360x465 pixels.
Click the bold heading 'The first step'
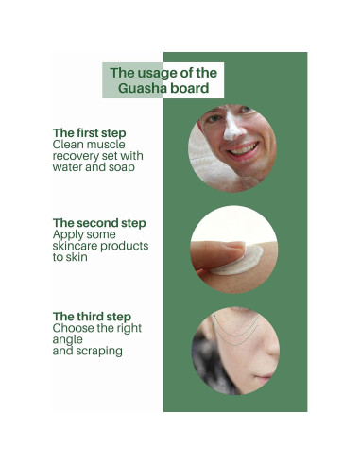pos(89,132)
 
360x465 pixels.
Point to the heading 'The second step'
pos(99,223)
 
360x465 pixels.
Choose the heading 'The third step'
pos(92,316)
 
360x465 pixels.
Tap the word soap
pos(120,167)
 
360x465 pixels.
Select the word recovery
pos(76,156)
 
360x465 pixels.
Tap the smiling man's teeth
pos(243,149)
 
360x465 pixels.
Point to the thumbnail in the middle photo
pos(232,249)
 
